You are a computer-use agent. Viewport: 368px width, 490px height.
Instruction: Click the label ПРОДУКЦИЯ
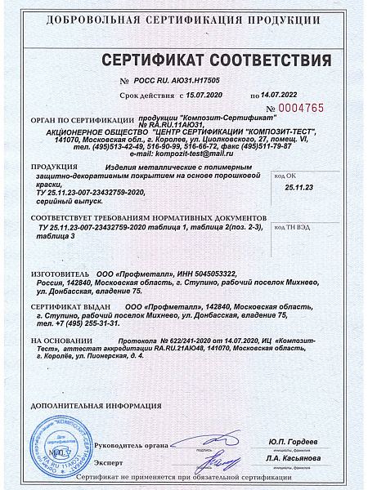(x=54, y=167)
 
